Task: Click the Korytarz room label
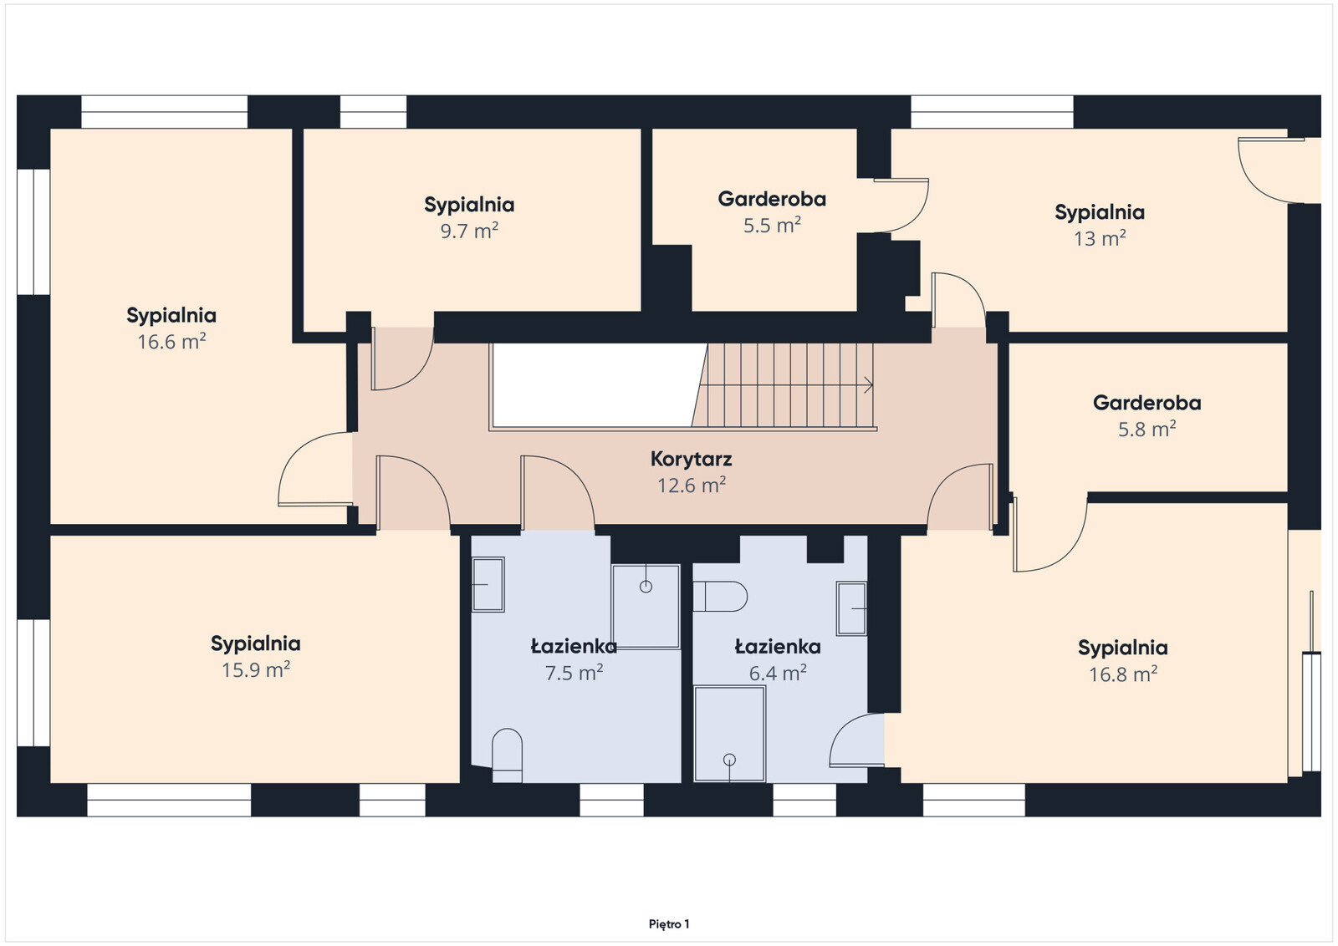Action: pos(691,459)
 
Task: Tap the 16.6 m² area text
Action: pos(172,342)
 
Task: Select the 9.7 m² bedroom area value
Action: pos(469,231)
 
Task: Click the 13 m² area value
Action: pos(1100,238)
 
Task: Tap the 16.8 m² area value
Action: pos(1123,674)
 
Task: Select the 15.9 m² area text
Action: pos(256,669)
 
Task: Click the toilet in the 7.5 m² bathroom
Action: pos(507,755)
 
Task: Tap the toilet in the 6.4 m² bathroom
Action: pos(720,596)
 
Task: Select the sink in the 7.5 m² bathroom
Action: pos(488,584)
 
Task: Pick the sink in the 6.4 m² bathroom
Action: pos(851,608)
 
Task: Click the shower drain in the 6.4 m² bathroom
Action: pos(729,760)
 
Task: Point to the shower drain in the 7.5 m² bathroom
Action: pos(646,587)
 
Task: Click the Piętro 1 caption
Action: pos(669,924)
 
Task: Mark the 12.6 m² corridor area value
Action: pos(692,486)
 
